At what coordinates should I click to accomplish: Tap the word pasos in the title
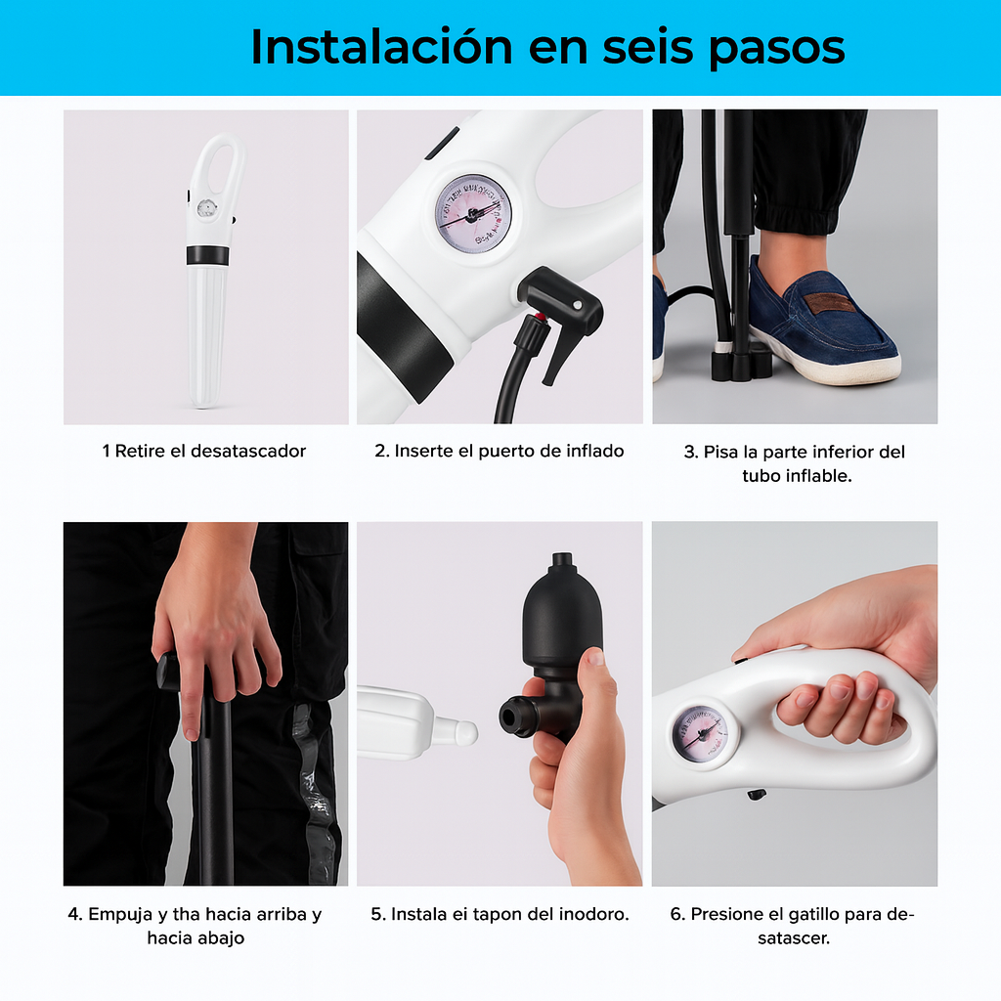777,47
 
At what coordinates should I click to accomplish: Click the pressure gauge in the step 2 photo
474,214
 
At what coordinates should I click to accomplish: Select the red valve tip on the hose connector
535,319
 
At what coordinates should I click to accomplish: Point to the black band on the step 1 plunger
207,255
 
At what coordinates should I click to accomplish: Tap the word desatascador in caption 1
248,451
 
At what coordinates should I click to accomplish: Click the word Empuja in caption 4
120,914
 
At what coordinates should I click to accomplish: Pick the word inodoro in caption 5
592,914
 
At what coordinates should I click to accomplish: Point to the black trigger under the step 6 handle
756,794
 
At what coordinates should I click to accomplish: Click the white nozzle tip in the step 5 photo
464,730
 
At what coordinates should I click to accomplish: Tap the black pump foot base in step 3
740,365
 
